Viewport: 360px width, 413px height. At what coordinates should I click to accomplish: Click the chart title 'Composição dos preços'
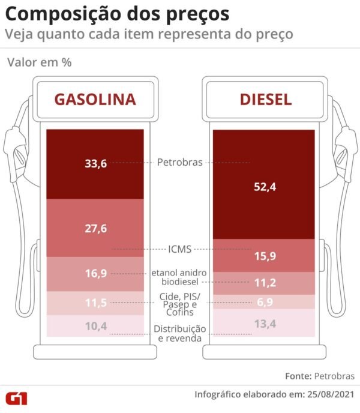click(x=118, y=13)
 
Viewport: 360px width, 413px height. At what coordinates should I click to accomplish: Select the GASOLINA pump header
click(x=95, y=99)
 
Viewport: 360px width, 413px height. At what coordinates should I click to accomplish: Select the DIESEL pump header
click(x=266, y=99)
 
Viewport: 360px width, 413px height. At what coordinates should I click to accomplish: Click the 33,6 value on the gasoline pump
click(x=96, y=163)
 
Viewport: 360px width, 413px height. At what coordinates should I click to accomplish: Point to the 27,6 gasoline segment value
click(x=96, y=228)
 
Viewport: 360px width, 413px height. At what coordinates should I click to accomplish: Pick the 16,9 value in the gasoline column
click(x=96, y=273)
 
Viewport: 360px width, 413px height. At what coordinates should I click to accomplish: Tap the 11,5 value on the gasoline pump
click(x=96, y=303)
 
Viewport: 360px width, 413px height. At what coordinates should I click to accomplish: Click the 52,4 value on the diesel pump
click(x=265, y=187)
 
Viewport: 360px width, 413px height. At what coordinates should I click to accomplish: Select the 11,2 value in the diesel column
click(x=265, y=283)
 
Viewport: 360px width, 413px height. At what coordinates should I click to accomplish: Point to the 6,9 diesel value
click(x=265, y=303)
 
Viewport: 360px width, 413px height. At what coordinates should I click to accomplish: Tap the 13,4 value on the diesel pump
click(x=265, y=325)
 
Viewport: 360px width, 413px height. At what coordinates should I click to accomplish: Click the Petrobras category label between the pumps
click(x=179, y=162)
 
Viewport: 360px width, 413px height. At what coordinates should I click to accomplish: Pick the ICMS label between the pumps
click(x=179, y=249)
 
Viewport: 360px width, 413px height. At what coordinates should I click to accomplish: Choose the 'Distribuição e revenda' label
click(x=180, y=333)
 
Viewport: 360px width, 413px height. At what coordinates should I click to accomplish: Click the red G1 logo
click(x=17, y=397)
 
